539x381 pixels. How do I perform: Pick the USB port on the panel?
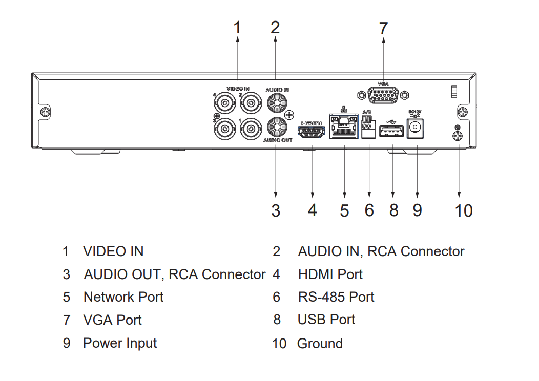tap(392, 133)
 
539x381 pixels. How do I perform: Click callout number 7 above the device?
tap(383, 29)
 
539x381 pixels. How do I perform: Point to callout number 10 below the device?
tap(463, 210)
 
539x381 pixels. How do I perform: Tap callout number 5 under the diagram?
tap(344, 210)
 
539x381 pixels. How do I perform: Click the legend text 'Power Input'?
tap(120, 343)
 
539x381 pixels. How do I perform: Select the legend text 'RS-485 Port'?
tap(336, 297)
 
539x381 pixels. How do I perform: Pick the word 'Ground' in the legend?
tap(320, 343)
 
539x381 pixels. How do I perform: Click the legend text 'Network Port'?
tap(123, 297)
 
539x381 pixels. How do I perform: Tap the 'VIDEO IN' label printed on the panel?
tap(238, 89)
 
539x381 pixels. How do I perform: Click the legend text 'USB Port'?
tap(326, 320)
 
